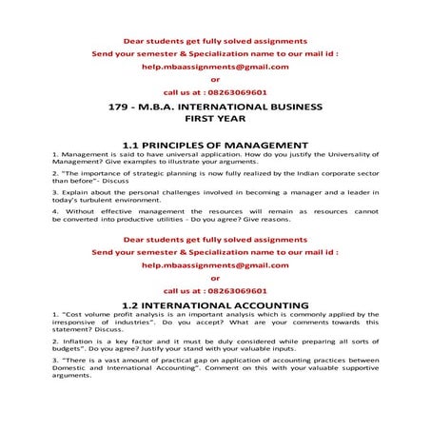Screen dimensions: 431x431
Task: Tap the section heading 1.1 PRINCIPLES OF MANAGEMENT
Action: click(x=215, y=144)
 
